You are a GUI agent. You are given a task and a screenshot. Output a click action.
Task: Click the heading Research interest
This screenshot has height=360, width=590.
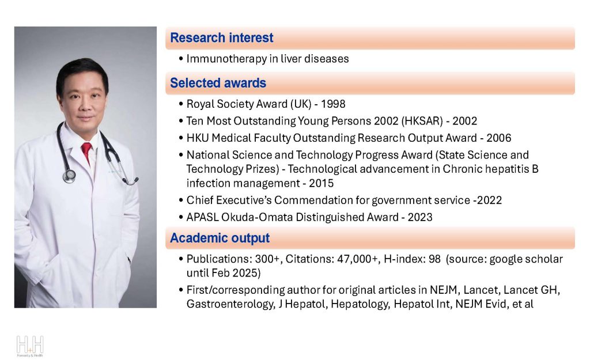tap(222, 37)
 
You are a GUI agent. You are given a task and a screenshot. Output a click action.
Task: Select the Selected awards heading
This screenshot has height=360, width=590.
tap(218, 83)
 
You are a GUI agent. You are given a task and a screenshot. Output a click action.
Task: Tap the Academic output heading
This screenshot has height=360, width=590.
tap(220, 238)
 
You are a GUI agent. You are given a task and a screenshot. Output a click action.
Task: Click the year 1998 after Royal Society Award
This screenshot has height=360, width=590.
tap(333, 104)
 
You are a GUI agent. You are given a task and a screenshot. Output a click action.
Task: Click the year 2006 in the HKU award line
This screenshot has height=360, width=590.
tap(498, 138)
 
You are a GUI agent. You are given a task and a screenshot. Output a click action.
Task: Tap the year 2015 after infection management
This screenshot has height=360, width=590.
tap(321, 183)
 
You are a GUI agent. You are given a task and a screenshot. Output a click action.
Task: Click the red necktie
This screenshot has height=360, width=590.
tap(86, 151)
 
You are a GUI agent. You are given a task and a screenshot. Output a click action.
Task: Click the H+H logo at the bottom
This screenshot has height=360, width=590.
tap(30, 346)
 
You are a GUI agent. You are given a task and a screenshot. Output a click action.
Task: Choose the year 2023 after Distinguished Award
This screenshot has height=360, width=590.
tap(420, 217)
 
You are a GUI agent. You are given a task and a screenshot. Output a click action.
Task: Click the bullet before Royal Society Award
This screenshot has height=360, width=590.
tap(181, 104)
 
